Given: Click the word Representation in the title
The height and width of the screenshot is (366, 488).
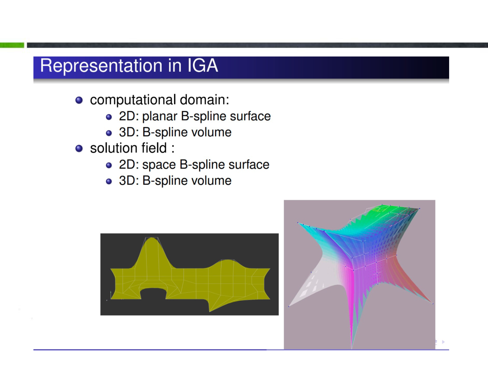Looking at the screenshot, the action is coord(101,66).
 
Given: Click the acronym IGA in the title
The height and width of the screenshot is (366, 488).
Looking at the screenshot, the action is coord(203,65).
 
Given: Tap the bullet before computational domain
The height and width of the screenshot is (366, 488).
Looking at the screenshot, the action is coord(79,100).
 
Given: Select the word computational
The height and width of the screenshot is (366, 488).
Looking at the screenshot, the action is coord(133,100).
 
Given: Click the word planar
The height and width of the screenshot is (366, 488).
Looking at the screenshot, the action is coord(160,116).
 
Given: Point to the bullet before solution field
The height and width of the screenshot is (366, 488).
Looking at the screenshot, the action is coord(79,148).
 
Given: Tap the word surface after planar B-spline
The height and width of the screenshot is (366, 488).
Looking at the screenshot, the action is coord(250,116).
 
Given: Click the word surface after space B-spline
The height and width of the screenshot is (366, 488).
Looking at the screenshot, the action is coord(249,164).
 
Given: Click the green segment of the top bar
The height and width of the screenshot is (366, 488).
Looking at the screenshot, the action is coord(12,45).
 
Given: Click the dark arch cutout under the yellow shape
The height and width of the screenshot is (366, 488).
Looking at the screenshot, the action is coord(153,294).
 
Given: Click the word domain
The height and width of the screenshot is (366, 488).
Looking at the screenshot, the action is coord(204,100).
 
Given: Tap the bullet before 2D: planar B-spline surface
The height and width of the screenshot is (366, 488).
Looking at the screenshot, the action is coord(109,117).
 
